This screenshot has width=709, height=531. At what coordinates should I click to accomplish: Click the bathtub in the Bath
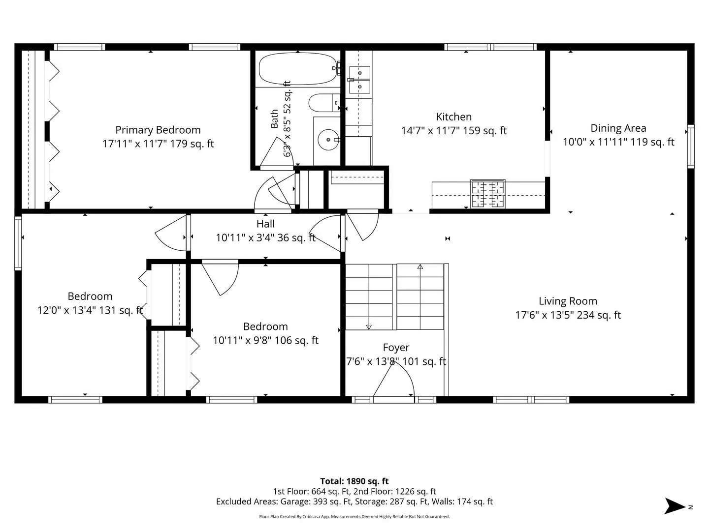coord(298,69)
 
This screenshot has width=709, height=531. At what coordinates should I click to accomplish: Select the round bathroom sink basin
coord(328,140)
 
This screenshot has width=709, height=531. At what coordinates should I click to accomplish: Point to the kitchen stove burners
coord(488,194)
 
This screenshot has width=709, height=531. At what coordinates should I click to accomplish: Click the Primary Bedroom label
coord(158,130)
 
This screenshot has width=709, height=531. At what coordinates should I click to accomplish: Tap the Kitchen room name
coord(453,117)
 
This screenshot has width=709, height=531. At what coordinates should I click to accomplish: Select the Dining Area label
coord(618,128)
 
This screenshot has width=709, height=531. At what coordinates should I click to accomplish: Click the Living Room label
coord(568,301)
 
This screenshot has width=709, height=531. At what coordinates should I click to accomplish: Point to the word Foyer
coord(396,348)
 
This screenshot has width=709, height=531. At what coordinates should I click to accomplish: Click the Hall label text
coord(265,224)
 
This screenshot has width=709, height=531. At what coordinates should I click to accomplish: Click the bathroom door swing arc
coord(277,151)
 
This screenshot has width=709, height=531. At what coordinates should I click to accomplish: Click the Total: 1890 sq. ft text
coord(354,481)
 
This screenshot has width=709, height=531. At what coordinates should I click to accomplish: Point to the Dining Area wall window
coord(691,147)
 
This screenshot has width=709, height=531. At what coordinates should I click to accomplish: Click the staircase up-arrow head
coord(420,266)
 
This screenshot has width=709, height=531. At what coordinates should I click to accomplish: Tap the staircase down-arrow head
coord(369,327)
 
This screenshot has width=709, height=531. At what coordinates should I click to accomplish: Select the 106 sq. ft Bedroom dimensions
coord(265,340)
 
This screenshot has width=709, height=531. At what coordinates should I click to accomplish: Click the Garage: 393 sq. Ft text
coord(316,501)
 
